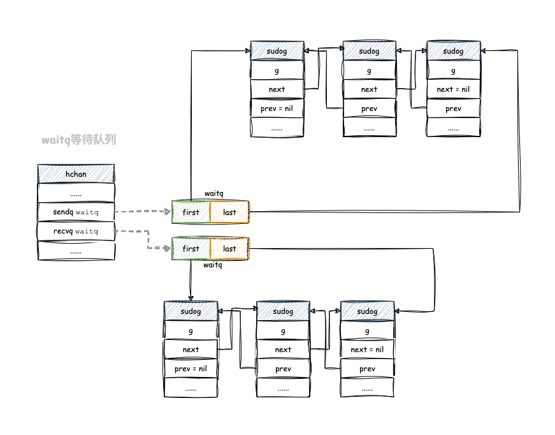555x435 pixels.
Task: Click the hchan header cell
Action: click(76, 173)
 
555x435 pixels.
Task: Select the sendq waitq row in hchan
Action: click(76, 212)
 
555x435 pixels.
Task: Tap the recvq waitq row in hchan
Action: click(76, 231)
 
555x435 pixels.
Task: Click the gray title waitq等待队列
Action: click(79, 139)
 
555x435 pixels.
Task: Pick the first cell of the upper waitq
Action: click(191, 212)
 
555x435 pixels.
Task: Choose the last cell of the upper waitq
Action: click(230, 212)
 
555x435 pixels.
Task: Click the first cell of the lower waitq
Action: click(191, 249)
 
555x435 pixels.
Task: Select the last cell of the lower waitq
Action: click(230, 249)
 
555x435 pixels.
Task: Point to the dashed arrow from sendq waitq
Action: click(143, 211)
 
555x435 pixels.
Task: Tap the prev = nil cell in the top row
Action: click(277, 108)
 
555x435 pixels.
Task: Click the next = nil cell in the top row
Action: click(453, 89)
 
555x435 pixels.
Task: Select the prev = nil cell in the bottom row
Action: click(191, 369)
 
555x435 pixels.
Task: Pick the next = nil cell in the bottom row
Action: click(367, 350)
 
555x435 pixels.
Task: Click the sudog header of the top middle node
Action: click(369, 51)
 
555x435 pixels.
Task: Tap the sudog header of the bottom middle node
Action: click(283, 311)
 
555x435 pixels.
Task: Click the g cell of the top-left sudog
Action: click(277, 70)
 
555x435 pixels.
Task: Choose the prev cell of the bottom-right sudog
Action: click(367, 369)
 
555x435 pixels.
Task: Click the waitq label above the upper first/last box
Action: click(213, 193)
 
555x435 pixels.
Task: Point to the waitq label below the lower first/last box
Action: click(212, 265)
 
